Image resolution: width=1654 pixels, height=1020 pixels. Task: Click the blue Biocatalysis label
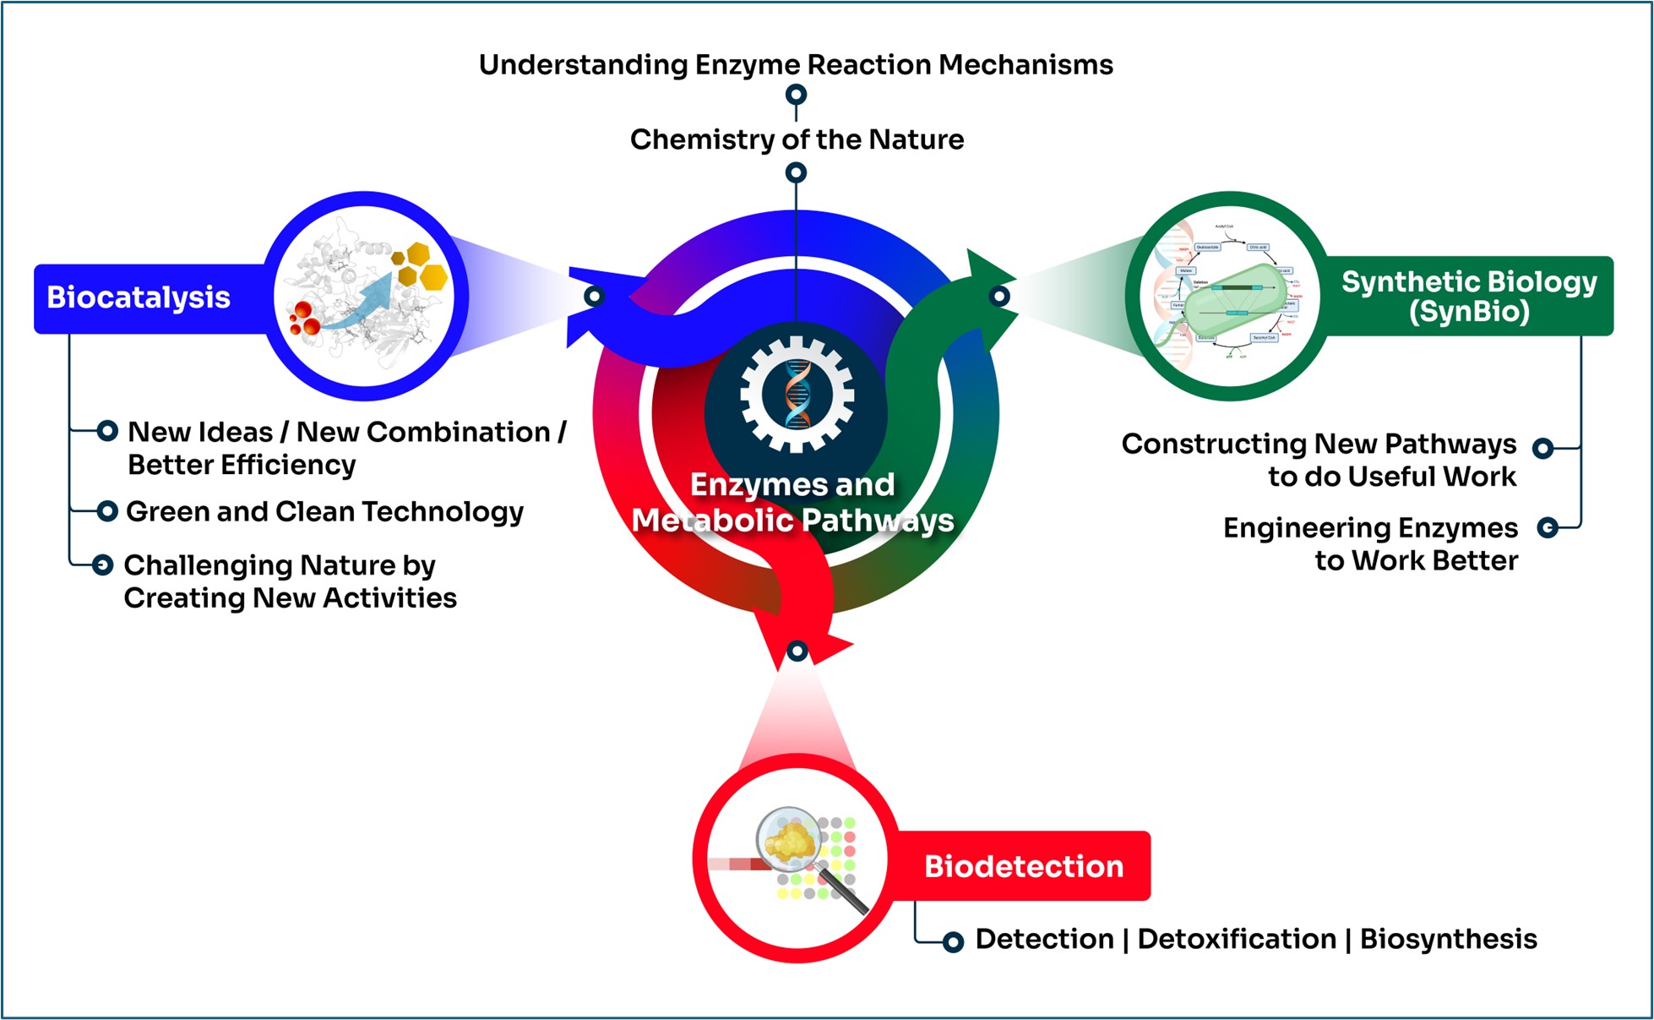139,297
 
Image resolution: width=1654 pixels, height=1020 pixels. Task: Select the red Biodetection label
1023,866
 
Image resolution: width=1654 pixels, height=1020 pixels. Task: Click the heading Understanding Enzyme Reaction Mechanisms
796,65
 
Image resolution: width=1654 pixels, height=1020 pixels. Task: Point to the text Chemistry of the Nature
797,139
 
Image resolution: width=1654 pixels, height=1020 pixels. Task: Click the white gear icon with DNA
797,394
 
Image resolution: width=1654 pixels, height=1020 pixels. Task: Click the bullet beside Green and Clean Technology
107,511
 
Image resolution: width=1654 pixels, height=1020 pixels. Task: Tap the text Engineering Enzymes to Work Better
1370,544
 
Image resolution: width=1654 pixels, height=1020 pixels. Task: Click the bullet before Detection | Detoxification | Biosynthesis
953,941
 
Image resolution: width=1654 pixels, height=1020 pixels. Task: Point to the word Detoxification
1237,939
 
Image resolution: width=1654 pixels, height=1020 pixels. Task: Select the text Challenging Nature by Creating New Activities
290,581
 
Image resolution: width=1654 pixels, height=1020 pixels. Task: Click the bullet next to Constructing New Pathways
1542,449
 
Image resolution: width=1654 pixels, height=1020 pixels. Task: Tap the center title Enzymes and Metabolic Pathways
792,503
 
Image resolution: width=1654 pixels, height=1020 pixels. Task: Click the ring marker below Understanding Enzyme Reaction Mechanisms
796,95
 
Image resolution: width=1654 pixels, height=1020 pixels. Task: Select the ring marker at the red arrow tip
797,652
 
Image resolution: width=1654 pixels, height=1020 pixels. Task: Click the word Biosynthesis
1448,939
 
